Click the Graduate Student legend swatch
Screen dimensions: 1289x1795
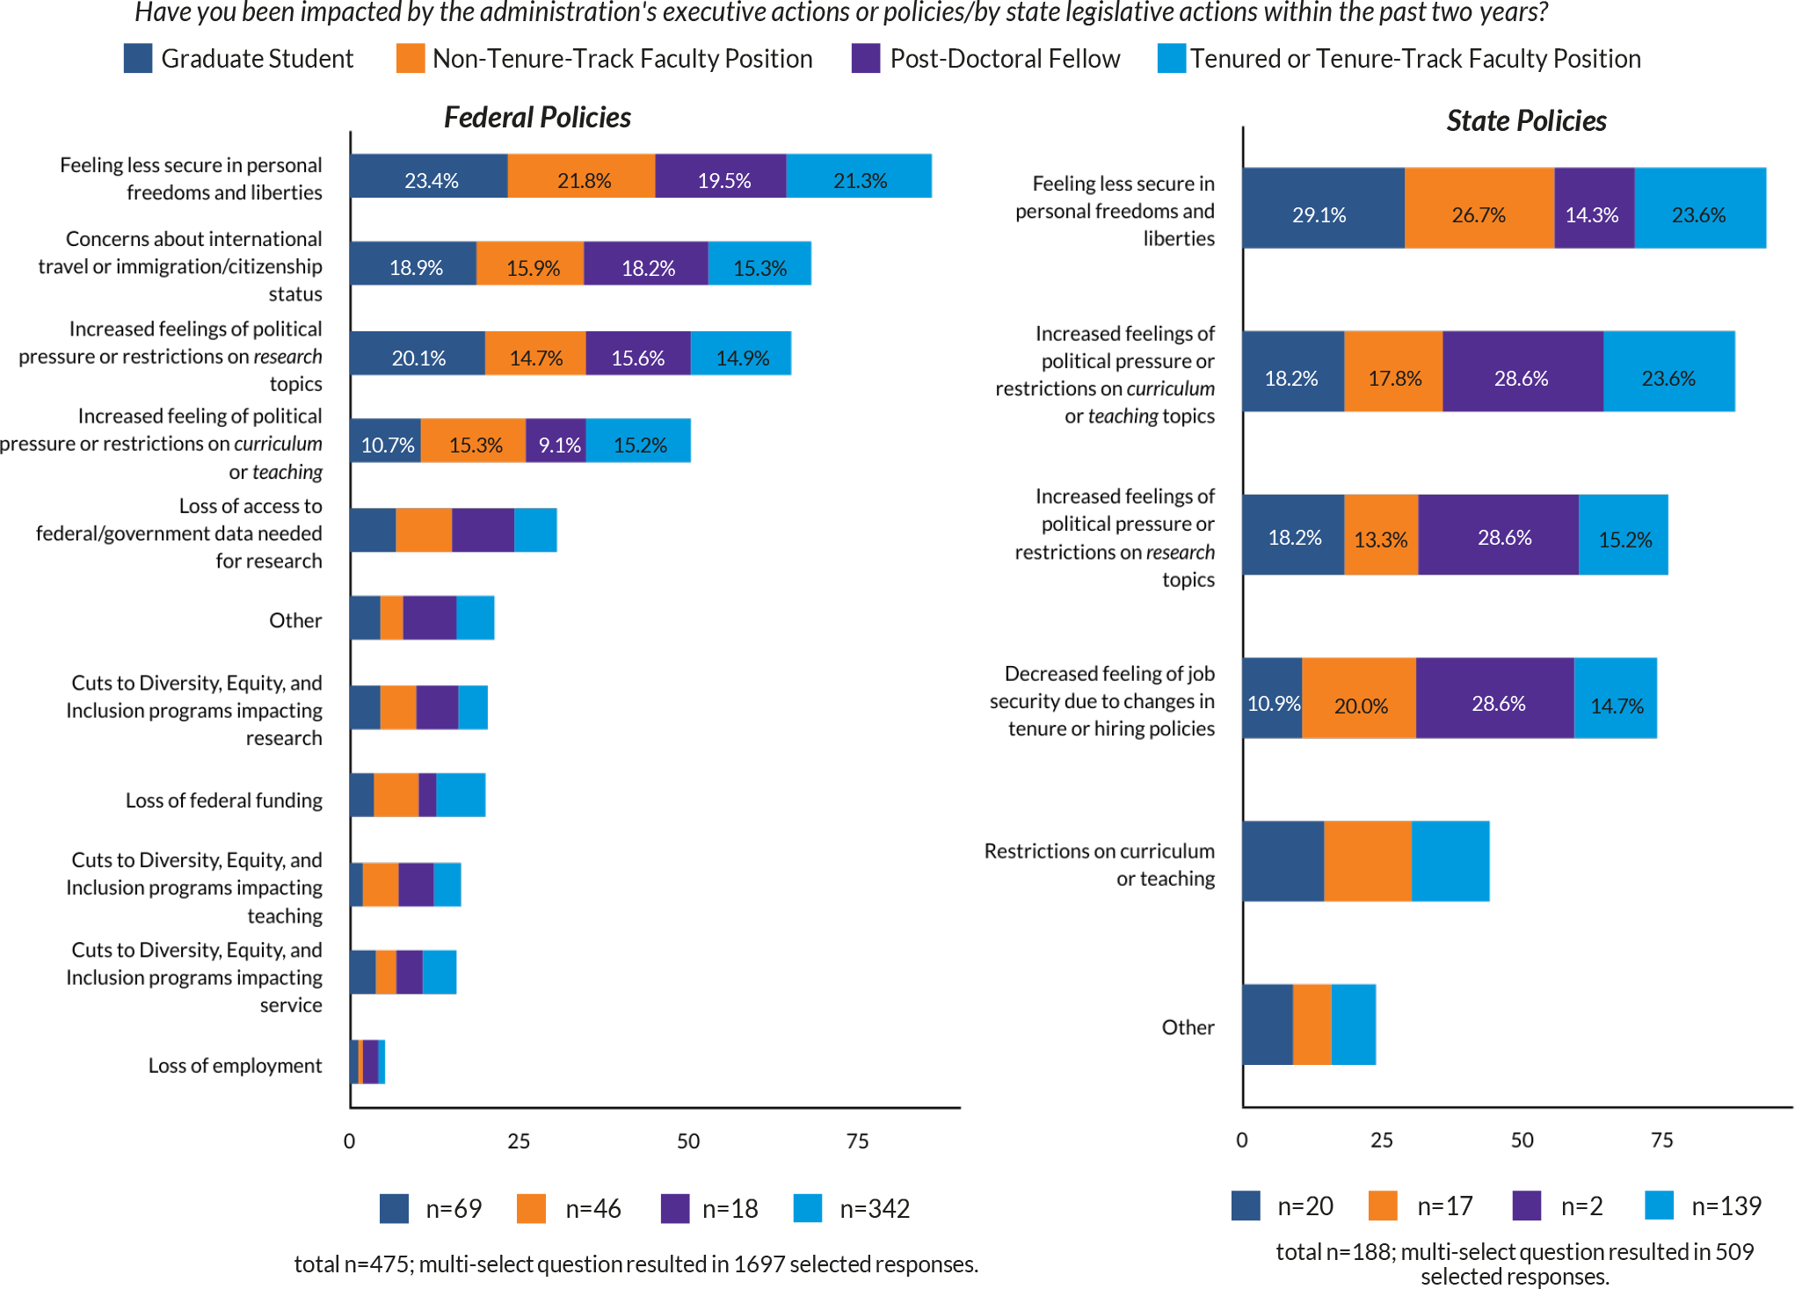[138, 59]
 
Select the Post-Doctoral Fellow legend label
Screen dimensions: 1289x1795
[1005, 59]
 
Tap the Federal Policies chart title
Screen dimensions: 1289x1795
[537, 118]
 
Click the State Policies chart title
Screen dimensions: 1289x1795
[1526, 121]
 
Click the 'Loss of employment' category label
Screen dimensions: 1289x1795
[235, 1066]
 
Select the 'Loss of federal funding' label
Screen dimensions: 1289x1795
[223, 800]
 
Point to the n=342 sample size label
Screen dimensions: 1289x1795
[875, 1209]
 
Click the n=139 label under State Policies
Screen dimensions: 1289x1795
[1726, 1206]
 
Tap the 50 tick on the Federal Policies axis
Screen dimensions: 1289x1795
[688, 1141]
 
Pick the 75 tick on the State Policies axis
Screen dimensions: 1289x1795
[1661, 1141]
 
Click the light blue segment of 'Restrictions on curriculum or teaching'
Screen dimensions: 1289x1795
[1450, 862]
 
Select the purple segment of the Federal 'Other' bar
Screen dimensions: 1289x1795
[430, 618]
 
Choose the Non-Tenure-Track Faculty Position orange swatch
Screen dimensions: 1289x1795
[411, 59]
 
